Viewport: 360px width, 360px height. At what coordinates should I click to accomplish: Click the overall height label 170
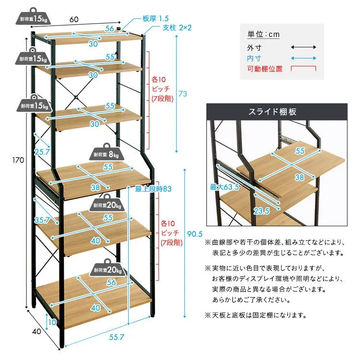pyautogui.click(x=18, y=160)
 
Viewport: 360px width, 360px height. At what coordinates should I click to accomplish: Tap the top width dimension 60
pyautogui.click(x=74, y=19)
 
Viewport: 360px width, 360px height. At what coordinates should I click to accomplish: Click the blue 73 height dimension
pyautogui.click(x=183, y=94)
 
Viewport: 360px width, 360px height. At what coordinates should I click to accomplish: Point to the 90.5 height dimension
pyautogui.click(x=195, y=234)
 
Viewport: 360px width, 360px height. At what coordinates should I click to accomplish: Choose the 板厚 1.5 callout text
pyautogui.click(x=156, y=18)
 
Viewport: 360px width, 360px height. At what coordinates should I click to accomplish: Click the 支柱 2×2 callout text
pyautogui.click(x=177, y=28)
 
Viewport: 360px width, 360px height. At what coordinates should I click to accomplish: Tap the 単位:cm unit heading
pyautogui.click(x=264, y=35)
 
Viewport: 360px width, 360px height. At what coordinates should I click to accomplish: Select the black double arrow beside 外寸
pyautogui.click(x=303, y=48)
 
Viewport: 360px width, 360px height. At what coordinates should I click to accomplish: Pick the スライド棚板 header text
pyautogui.click(x=273, y=112)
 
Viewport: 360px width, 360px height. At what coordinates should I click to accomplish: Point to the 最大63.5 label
pyautogui.click(x=224, y=187)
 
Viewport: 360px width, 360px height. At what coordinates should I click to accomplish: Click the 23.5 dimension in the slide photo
pyautogui.click(x=261, y=211)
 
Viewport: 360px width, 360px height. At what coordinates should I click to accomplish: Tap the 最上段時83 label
pyautogui.click(x=153, y=189)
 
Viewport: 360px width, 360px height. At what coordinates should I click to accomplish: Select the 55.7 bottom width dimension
pyautogui.click(x=117, y=337)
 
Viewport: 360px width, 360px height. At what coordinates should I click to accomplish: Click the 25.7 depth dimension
pyautogui.click(x=42, y=152)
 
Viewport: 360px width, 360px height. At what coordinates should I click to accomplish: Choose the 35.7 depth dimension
pyautogui.click(x=42, y=220)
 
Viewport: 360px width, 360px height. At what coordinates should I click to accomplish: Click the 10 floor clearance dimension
pyautogui.click(x=52, y=322)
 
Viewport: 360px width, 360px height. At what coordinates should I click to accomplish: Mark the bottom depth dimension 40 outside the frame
pyautogui.click(x=36, y=331)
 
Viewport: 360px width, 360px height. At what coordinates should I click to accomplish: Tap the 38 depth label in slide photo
pyautogui.click(x=299, y=177)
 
